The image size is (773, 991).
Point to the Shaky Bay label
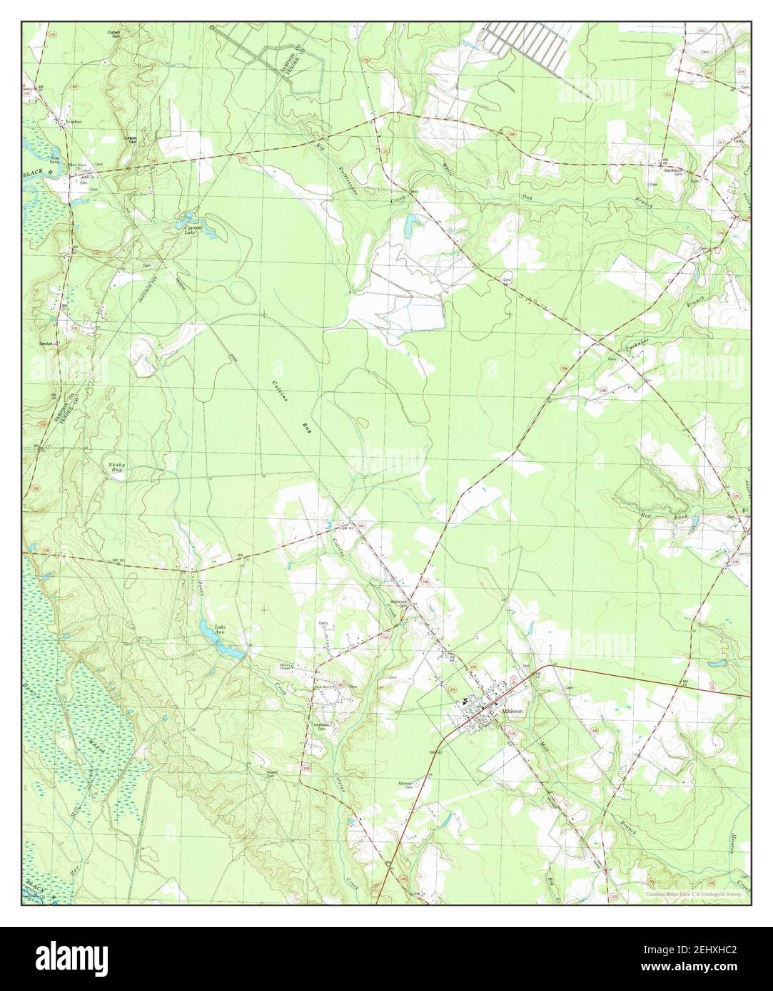pyautogui.click(x=116, y=468)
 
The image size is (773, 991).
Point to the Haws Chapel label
pyautogui.click(x=288, y=669)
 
